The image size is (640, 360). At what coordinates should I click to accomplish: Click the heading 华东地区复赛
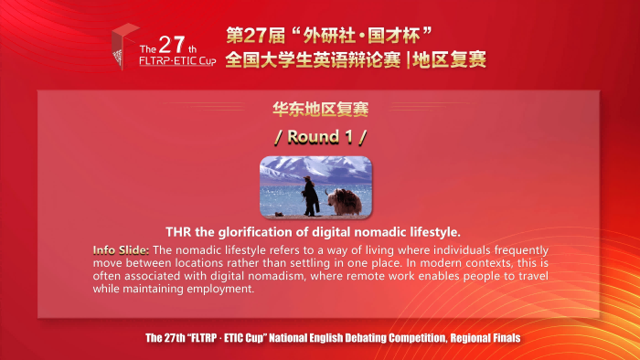pos(320,109)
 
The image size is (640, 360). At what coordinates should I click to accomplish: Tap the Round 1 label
pos(320,137)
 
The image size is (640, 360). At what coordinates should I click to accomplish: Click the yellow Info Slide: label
pos(122,249)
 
